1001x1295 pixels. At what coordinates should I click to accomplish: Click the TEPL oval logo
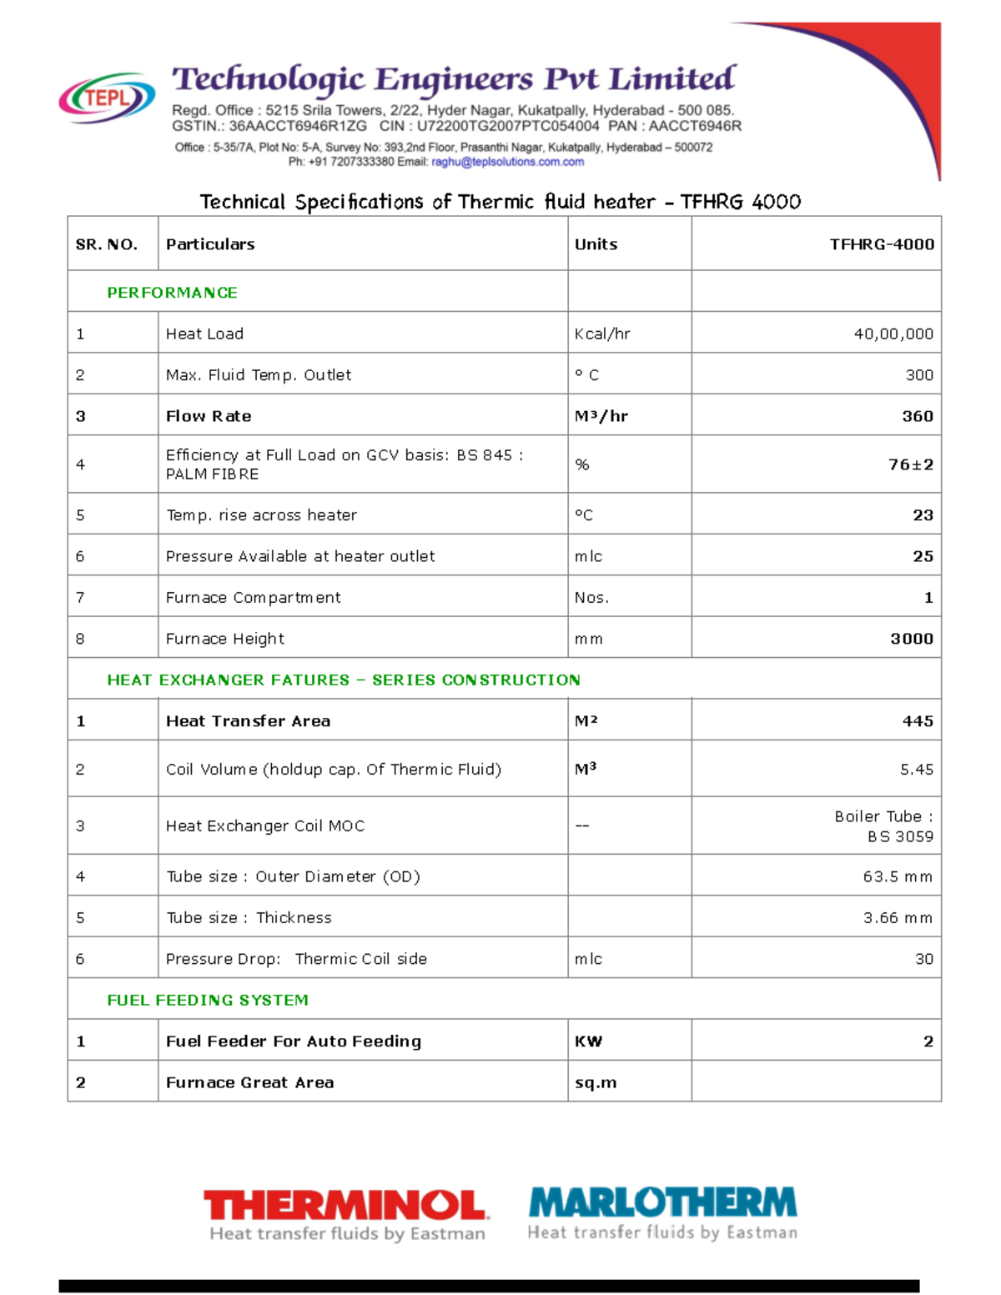point(107,98)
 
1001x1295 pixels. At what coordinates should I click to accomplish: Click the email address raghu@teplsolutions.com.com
point(507,162)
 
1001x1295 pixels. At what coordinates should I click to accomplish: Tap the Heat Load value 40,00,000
point(893,334)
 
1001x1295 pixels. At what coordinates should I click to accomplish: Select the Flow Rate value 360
point(917,416)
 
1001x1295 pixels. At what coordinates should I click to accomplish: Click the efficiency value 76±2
point(910,464)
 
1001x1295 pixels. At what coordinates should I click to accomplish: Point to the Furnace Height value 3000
point(911,639)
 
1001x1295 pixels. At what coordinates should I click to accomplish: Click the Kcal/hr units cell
point(602,334)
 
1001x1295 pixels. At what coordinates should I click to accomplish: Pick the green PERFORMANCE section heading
point(172,293)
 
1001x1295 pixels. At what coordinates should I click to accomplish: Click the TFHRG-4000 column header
point(881,244)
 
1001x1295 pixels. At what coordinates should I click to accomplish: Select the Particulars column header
point(210,244)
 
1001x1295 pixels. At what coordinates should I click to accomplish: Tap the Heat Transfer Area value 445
point(917,721)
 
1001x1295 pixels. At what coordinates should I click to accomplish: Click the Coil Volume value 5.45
point(916,770)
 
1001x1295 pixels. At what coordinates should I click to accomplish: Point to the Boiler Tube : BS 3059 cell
point(884,826)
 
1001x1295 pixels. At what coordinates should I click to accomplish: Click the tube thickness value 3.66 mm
point(898,918)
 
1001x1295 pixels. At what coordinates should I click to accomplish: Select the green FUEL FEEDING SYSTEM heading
point(208,1000)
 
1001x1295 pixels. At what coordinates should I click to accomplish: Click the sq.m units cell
point(596,1082)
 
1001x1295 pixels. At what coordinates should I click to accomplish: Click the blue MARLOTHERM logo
point(662,1213)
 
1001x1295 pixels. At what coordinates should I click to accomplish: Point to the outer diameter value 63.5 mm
point(898,876)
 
